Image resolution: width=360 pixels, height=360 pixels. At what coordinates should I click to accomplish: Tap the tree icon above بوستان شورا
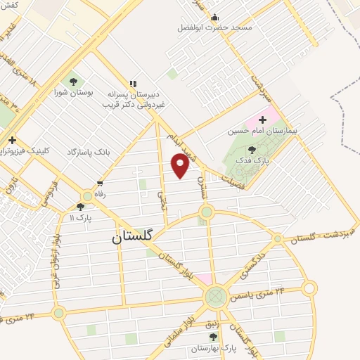(x=73, y=82)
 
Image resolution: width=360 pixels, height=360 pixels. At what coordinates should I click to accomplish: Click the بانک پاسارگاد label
(x=90, y=151)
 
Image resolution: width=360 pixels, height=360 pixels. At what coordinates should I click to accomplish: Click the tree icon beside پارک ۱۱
(x=80, y=207)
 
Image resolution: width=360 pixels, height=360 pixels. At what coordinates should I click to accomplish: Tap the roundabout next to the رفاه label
(x=87, y=195)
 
